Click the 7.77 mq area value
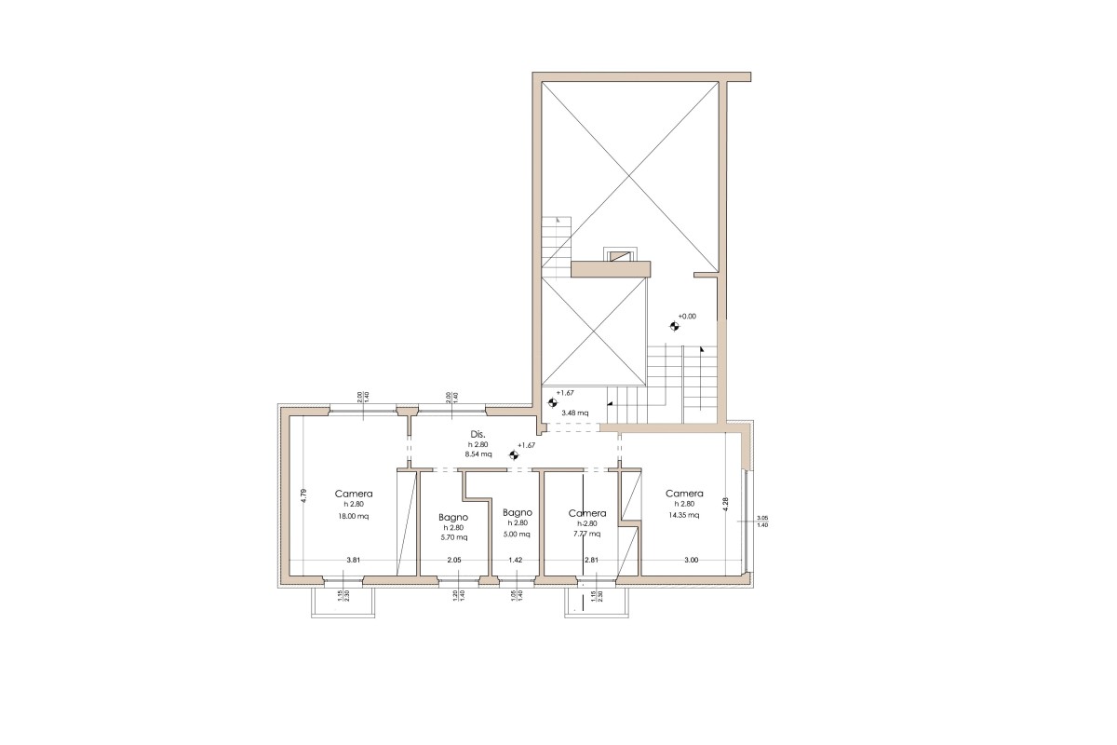pos(586,535)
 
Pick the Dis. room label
pos(478,435)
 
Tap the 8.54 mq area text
pos(478,454)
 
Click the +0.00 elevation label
pos(687,317)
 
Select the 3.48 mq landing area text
pos(574,412)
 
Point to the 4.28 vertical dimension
pos(726,504)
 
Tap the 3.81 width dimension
pos(353,560)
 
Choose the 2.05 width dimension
pos(453,560)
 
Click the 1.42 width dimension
pos(515,560)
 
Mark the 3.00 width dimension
pos(691,560)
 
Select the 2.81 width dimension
pos(590,560)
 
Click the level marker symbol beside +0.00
pos(673,326)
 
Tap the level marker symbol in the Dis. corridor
pos(512,455)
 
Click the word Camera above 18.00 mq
pos(354,494)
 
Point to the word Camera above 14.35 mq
pos(684,494)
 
